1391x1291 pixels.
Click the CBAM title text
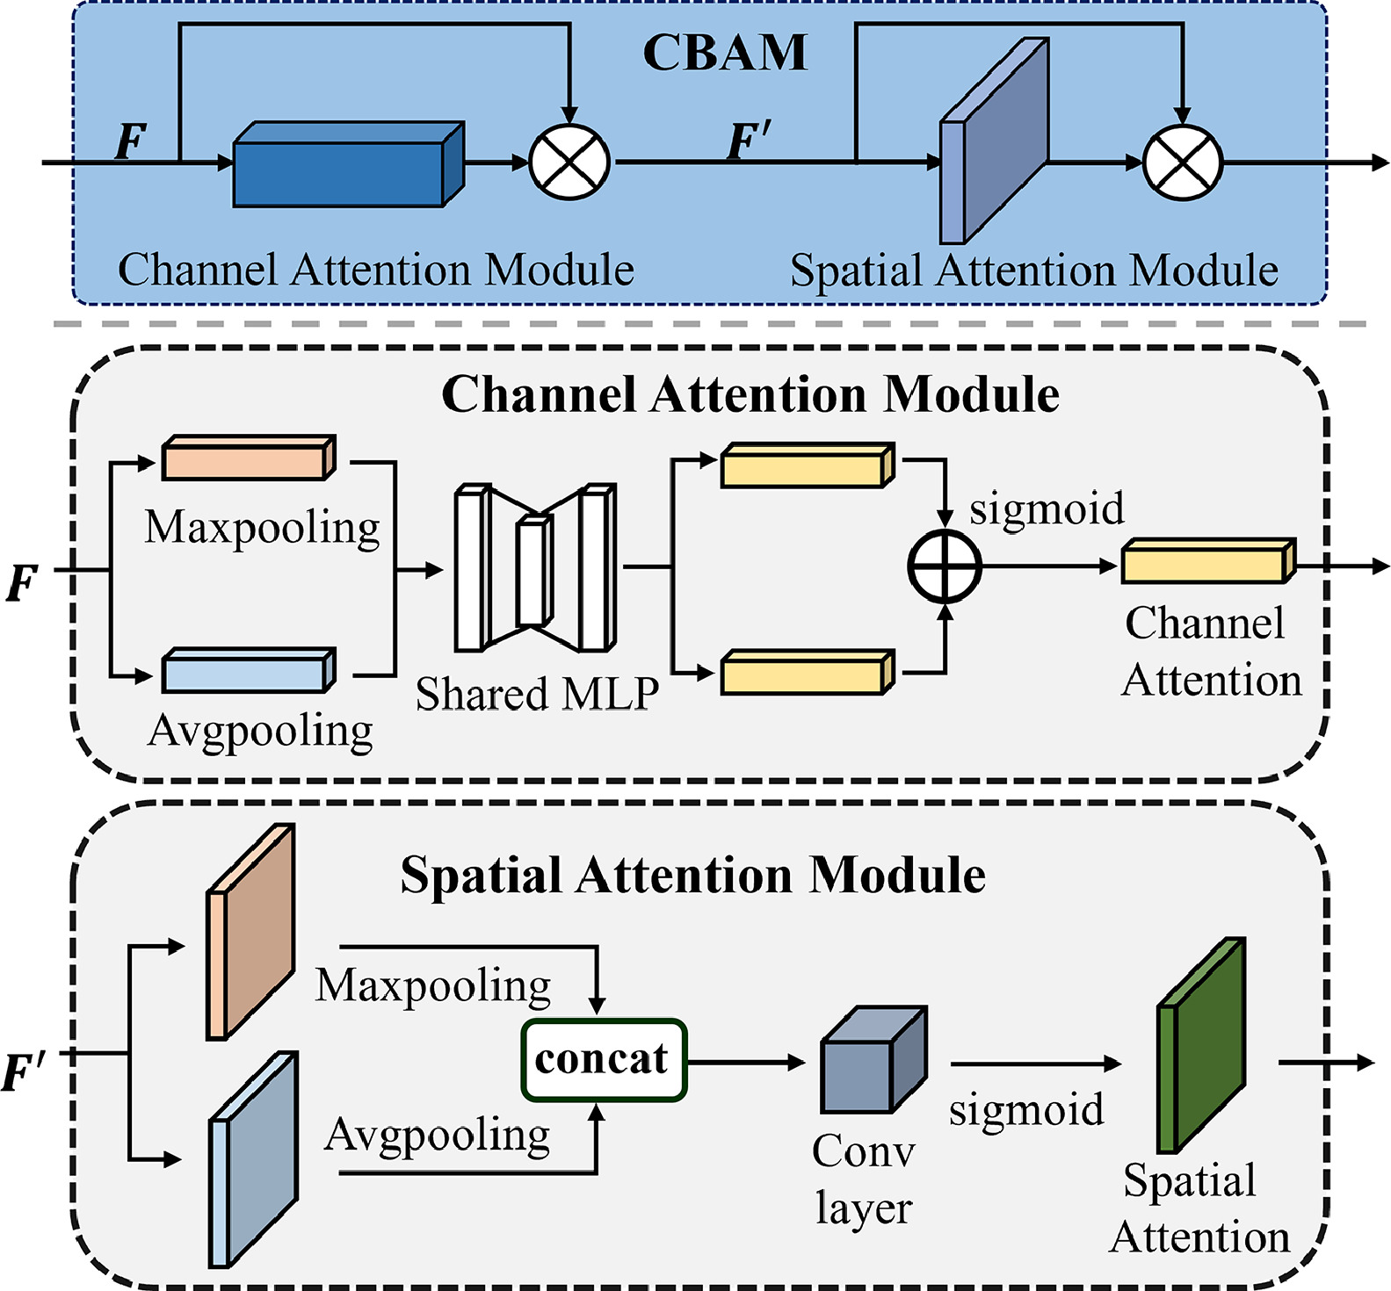coord(725,53)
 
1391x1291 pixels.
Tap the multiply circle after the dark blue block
coord(569,162)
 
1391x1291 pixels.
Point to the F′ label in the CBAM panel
coord(750,141)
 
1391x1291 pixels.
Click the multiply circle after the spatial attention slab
coord(1183,162)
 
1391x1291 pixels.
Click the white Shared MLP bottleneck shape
coord(534,569)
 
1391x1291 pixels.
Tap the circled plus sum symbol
coord(945,566)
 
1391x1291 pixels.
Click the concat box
coord(604,1060)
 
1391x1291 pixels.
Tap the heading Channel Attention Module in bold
coord(750,394)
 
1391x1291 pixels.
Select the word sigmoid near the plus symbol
coord(1047,508)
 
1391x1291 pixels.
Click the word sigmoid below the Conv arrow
coord(1026,1110)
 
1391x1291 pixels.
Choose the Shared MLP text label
coord(537,695)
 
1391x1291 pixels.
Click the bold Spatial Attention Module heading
coord(692,876)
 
